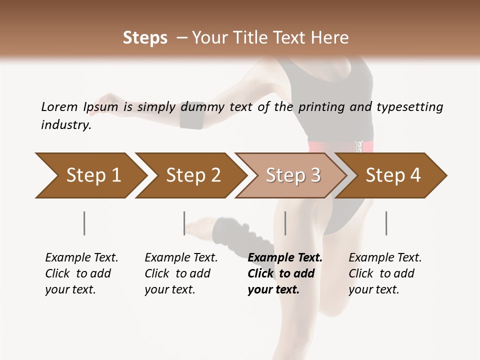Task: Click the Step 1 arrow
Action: pyautogui.click(x=90, y=175)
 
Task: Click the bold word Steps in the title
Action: pyautogui.click(x=145, y=38)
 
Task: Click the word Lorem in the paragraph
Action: pyautogui.click(x=59, y=107)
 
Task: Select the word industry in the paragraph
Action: pyautogui.click(x=66, y=125)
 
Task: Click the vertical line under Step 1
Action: pyautogui.click(x=84, y=223)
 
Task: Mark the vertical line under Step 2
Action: pyautogui.click(x=184, y=223)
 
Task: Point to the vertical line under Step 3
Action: pyautogui.click(x=285, y=223)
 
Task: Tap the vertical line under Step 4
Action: pyautogui.click(x=386, y=223)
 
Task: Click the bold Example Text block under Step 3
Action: pyautogui.click(x=285, y=273)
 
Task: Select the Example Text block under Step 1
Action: pyautogui.click(x=82, y=273)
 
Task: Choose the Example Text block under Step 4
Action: pyautogui.click(x=385, y=273)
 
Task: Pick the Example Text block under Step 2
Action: pyautogui.click(x=181, y=273)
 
